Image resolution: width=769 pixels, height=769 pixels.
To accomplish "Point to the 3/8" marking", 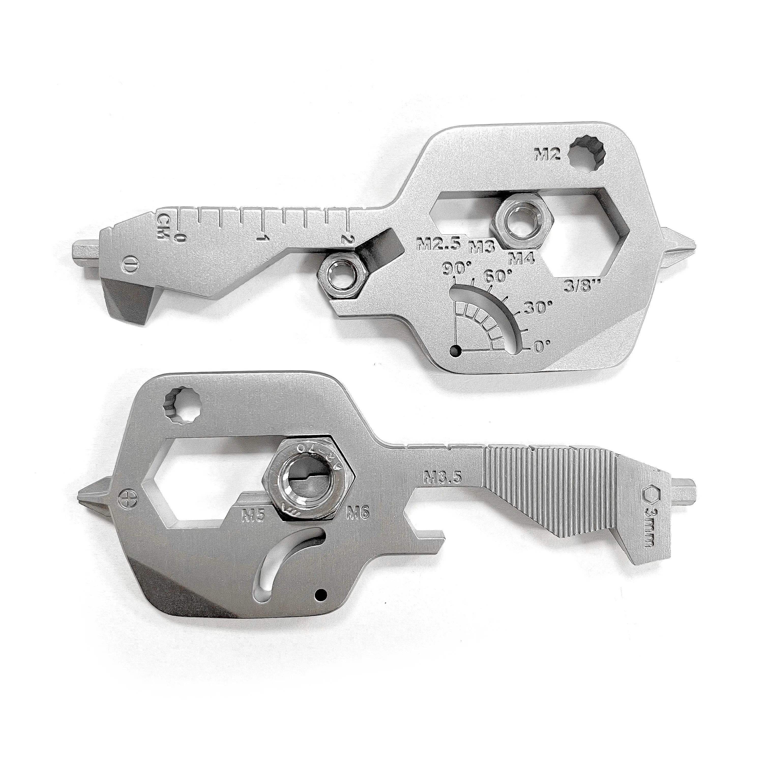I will (582, 285).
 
